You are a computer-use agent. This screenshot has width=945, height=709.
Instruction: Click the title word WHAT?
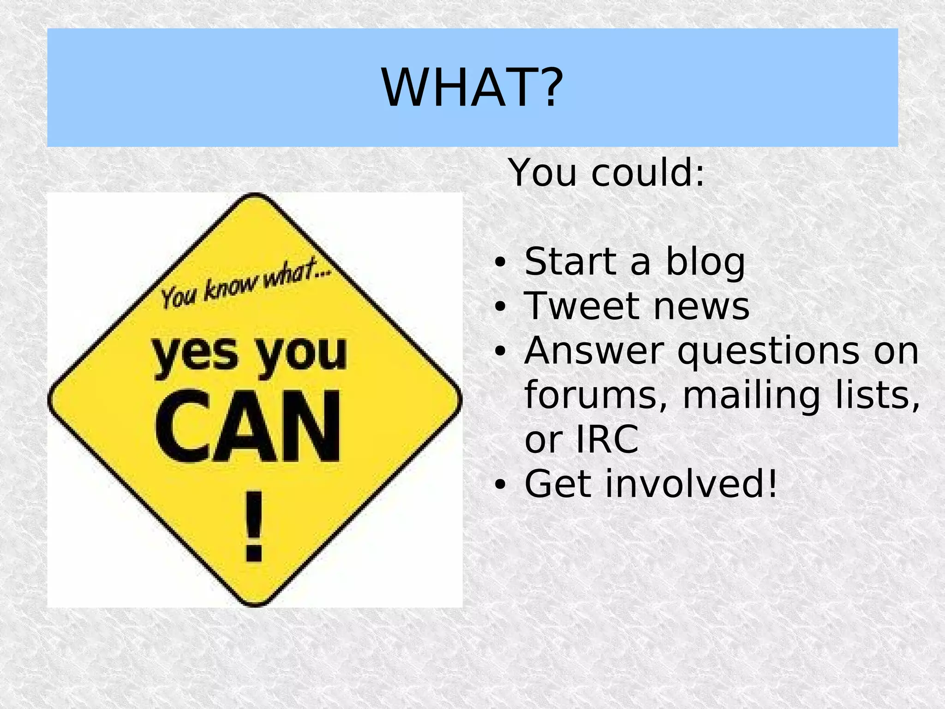[472, 88]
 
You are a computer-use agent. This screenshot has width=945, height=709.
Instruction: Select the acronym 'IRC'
[607, 439]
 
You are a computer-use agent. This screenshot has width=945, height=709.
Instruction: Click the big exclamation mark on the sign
[254, 526]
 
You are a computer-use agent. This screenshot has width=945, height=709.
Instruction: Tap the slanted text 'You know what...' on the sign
[245, 284]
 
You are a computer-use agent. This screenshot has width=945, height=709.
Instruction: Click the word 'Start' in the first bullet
[570, 262]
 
